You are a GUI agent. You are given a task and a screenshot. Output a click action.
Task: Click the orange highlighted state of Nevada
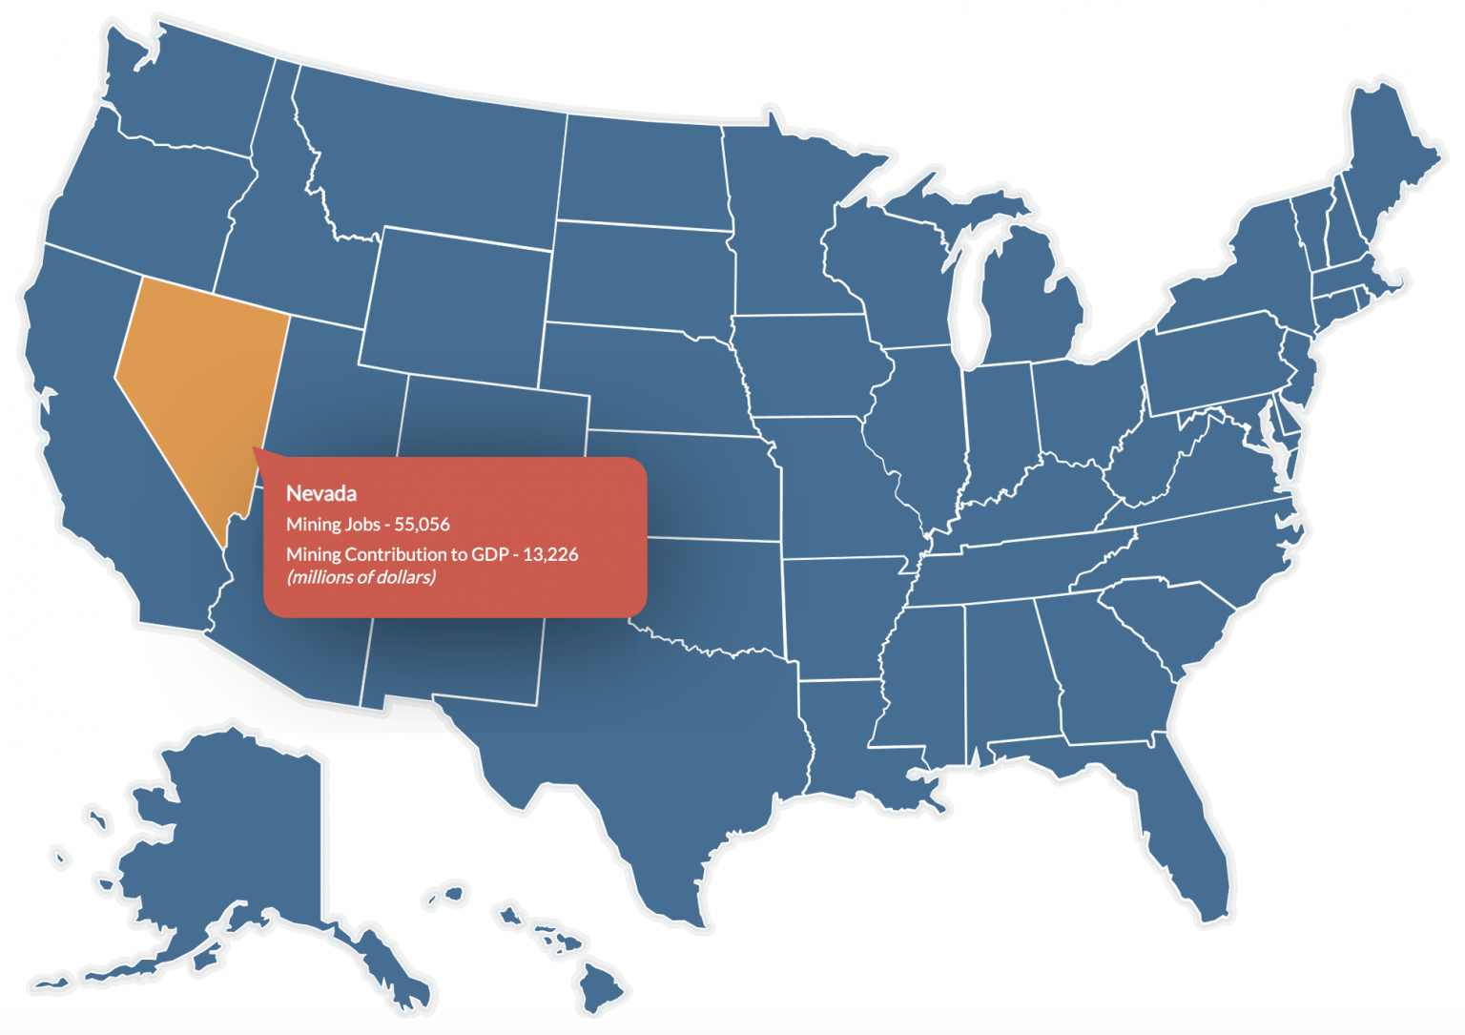coord(200,382)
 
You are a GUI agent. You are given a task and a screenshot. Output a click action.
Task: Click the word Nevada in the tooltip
coord(321,493)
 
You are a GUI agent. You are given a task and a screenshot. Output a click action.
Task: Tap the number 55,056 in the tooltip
coord(422,524)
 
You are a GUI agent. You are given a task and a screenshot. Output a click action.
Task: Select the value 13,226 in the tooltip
coord(550,554)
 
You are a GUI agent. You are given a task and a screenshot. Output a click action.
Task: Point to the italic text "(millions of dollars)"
coord(361,577)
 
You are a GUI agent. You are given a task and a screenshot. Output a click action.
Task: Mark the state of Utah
coord(334,401)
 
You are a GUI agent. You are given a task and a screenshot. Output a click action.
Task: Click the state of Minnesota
coord(782,219)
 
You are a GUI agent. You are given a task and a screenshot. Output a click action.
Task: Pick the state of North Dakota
coord(644,172)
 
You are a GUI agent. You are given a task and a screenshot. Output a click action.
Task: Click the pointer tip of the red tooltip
coord(254,447)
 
